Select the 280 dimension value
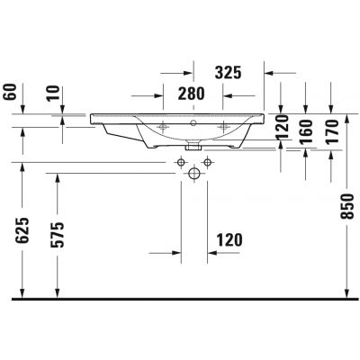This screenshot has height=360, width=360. tap(190, 93)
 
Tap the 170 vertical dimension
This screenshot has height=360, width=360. tap(332, 132)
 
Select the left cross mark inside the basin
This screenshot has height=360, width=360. tap(164, 128)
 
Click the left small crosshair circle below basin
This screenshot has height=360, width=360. tap(181, 161)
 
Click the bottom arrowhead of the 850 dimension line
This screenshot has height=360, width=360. tap(346, 295)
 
